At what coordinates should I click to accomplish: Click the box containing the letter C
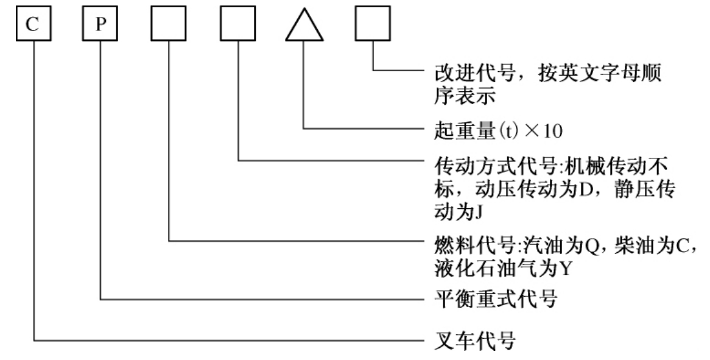tap(33, 27)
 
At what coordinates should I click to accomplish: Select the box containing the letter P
tap(100, 27)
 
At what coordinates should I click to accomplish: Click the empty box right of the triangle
tap(372, 27)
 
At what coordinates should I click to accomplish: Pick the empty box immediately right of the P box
tap(168, 27)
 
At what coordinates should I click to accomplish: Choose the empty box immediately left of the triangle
tap(237, 27)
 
